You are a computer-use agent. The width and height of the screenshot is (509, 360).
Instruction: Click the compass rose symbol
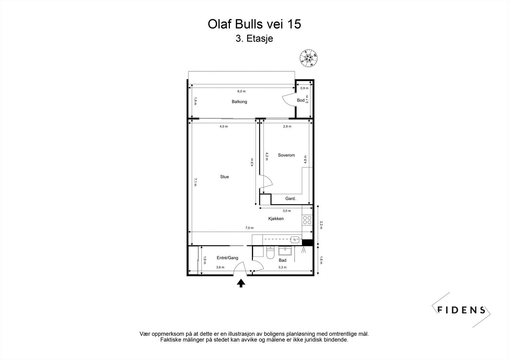(x=308, y=58)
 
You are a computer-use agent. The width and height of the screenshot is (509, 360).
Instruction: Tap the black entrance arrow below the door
(x=241, y=283)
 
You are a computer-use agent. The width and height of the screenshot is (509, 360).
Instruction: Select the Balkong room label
(x=239, y=102)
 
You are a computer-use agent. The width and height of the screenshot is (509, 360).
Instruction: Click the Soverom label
(x=286, y=155)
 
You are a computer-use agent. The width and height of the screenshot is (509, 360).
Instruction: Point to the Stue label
(x=225, y=177)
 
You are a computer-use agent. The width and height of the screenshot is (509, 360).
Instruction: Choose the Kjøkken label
(x=276, y=219)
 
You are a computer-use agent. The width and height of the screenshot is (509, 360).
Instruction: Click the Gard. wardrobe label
(x=290, y=199)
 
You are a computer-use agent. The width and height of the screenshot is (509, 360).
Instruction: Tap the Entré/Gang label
(x=227, y=258)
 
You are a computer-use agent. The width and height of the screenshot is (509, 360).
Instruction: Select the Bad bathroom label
(x=282, y=260)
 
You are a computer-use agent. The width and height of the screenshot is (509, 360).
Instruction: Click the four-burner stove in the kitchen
(x=307, y=220)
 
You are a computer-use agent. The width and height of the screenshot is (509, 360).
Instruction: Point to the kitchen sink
(x=295, y=240)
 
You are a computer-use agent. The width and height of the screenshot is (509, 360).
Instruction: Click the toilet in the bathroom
(x=270, y=253)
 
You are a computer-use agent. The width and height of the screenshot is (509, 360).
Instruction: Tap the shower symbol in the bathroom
(x=303, y=250)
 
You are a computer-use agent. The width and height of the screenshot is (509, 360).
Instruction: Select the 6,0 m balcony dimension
(x=241, y=91)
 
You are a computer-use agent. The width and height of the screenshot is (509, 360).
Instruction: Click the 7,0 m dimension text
(x=249, y=228)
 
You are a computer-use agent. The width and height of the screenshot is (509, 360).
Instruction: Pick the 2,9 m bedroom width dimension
(x=287, y=126)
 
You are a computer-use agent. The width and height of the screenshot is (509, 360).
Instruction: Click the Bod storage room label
(x=301, y=100)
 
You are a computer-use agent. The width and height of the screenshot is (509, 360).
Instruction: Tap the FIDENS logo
(x=461, y=310)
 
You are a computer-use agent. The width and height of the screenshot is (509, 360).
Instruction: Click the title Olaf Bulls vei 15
(x=254, y=24)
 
